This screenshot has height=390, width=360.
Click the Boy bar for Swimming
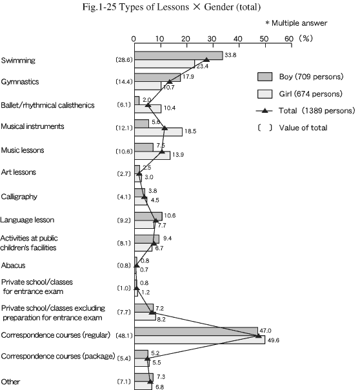click(x=179, y=55)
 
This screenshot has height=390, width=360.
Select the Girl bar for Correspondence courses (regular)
click(x=200, y=340)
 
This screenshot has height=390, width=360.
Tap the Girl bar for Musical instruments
click(x=159, y=132)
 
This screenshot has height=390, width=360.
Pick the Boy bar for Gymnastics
click(x=157, y=77)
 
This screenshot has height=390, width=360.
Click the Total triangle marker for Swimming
click(x=206, y=60)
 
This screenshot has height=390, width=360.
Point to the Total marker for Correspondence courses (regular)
click(x=259, y=336)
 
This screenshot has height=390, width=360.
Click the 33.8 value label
click(x=230, y=55)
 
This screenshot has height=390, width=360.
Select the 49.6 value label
click(x=273, y=340)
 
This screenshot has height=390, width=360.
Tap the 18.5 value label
click(x=190, y=131)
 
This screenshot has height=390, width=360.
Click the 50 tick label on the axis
click(x=264, y=39)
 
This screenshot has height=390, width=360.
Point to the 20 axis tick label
click(x=185, y=39)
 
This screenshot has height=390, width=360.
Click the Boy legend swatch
click(x=265, y=77)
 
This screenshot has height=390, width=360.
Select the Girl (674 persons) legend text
click(x=311, y=93)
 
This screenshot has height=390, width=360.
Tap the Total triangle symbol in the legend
click(x=265, y=111)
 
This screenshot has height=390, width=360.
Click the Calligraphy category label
click(x=19, y=197)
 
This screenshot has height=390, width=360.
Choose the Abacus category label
click(x=13, y=266)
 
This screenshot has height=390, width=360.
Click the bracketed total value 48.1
click(x=124, y=336)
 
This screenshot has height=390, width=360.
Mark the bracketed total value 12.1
click(x=124, y=128)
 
